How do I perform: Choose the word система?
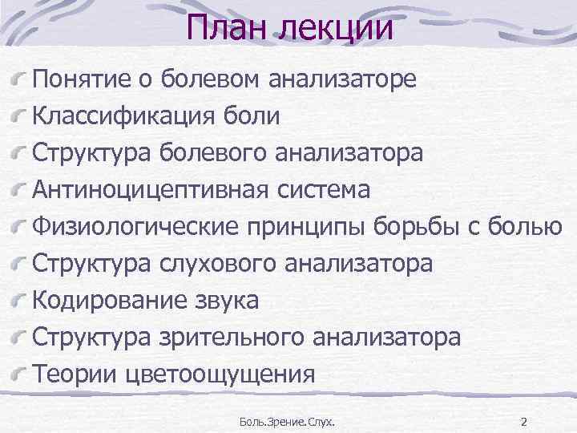click(x=325, y=191)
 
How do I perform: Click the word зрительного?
click(x=238, y=338)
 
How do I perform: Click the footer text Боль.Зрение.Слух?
click(x=288, y=421)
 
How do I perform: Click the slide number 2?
click(x=524, y=421)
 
